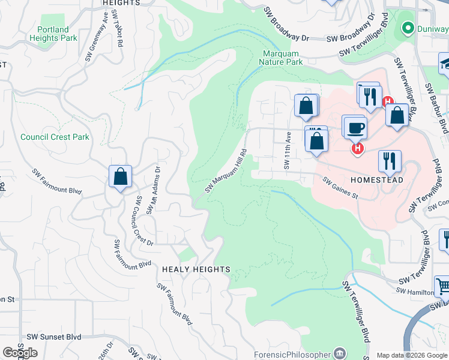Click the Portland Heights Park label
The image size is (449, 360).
(x=57, y=34)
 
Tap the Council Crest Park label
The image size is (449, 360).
(x=55, y=137)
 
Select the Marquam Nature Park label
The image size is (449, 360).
(x=282, y=58)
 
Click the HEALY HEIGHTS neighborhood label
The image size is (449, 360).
(x=196, y=269)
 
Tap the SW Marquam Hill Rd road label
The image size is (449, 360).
(x=226, y=171)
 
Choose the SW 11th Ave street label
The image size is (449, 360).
(x=287, y=151)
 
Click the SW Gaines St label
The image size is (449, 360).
(x=340, y=188)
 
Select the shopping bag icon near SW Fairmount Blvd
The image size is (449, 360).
(x=120, y=177)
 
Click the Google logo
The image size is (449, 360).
(x=20, y=353)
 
